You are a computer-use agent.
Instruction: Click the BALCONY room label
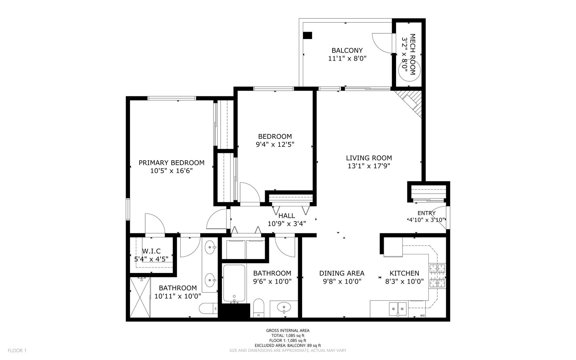[x=347, y=50]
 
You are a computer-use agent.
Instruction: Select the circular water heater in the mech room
[x=409, y=71]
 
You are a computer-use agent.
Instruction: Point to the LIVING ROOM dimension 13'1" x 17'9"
[x=369, y=166]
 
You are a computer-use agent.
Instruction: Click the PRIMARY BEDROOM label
[x=171, y=163]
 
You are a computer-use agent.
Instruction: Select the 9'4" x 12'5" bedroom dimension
[x=275, y=144]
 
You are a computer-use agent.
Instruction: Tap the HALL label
[x=287, y=216]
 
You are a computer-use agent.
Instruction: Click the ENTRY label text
[x=426, y=213]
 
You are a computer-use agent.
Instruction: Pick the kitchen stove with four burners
[x=437, y=275]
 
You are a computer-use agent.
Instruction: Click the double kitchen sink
[x=398, y=309]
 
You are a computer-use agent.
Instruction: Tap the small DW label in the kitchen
[x=422, y=315]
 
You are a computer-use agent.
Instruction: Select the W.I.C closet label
[x=151, y=251]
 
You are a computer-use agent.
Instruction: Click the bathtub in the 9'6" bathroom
[x=234, y=283]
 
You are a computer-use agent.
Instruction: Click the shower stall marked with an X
[x=140, y=298]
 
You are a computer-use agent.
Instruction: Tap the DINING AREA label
[x=341, y=273]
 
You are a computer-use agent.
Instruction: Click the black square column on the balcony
[x=307, y=35]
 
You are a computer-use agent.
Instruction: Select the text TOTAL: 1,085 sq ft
[x=288, y=335]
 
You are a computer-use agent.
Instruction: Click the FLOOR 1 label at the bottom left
[x=17, y=350]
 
